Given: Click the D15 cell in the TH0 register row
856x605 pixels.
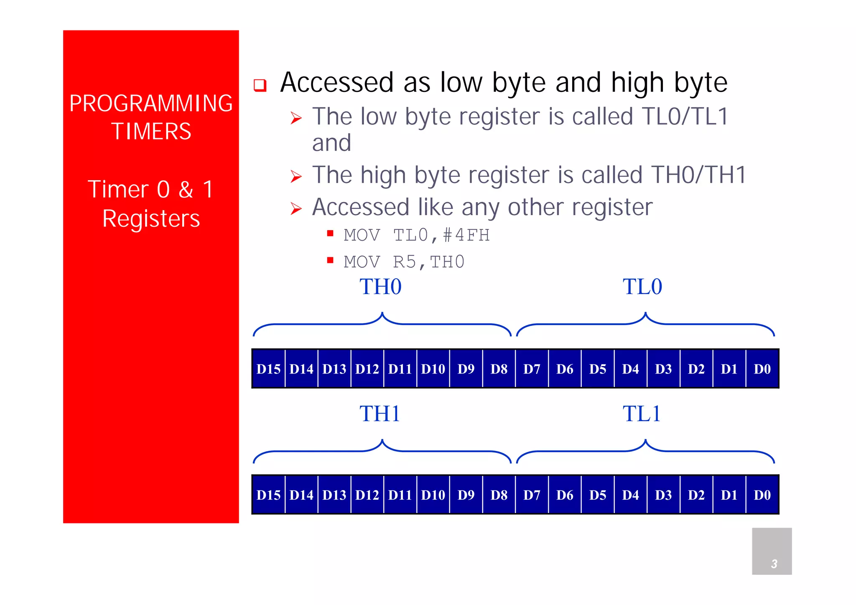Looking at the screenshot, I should pos(268,369).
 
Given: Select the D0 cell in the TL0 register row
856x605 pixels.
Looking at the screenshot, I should pos(762,369).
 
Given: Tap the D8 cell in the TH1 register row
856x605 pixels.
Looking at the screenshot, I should pos(499,495).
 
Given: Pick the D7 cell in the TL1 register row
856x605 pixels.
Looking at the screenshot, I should pos(532,495).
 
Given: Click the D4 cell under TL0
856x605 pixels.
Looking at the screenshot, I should pos(630,369).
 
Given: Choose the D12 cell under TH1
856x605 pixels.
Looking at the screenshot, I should pos(367,495).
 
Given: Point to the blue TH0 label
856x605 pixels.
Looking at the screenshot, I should pos(380,287).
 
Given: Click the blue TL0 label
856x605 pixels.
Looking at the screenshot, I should pos(642,287).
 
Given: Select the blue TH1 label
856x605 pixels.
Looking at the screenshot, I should pos(380,414).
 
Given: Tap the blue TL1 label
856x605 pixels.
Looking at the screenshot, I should pos(642,414).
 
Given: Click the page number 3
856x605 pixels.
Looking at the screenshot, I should pos(774,564).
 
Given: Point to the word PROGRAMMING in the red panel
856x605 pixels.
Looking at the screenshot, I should pos(151,103).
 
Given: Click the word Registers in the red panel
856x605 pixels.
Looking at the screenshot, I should pos(151,219).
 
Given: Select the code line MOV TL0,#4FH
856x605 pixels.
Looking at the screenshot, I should pos(416,235).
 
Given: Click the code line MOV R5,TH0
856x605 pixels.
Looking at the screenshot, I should pos(404,262).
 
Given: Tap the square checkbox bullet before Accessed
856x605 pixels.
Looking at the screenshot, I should pos(260,85).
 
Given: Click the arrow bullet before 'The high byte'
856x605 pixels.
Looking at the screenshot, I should pos(296,177).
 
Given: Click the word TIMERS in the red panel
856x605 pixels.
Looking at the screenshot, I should pos(151,131).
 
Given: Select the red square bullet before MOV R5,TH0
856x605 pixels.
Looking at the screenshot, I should pos(330,260).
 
